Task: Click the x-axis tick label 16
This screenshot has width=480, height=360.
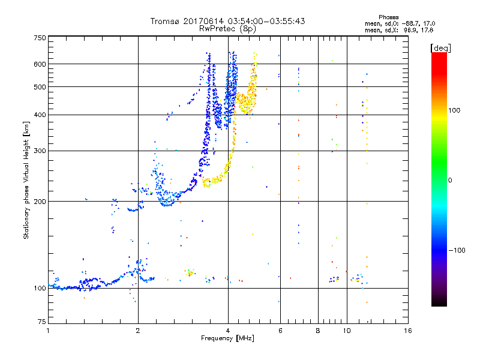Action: tap(408, 331)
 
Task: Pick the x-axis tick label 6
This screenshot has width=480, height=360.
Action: tap(280, 331)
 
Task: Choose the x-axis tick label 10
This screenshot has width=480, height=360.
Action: tap(346, 331)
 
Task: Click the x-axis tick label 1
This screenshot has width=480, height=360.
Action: tap(48, 331)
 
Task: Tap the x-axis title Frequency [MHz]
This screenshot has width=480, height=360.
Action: tap(228, 340)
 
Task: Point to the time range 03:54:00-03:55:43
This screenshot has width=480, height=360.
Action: tap(262, 21)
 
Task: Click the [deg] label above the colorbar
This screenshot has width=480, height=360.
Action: tap(441, 47)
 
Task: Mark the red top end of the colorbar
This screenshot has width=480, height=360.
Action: tap(439, 56)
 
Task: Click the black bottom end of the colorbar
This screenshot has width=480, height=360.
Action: tap(439, 303)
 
